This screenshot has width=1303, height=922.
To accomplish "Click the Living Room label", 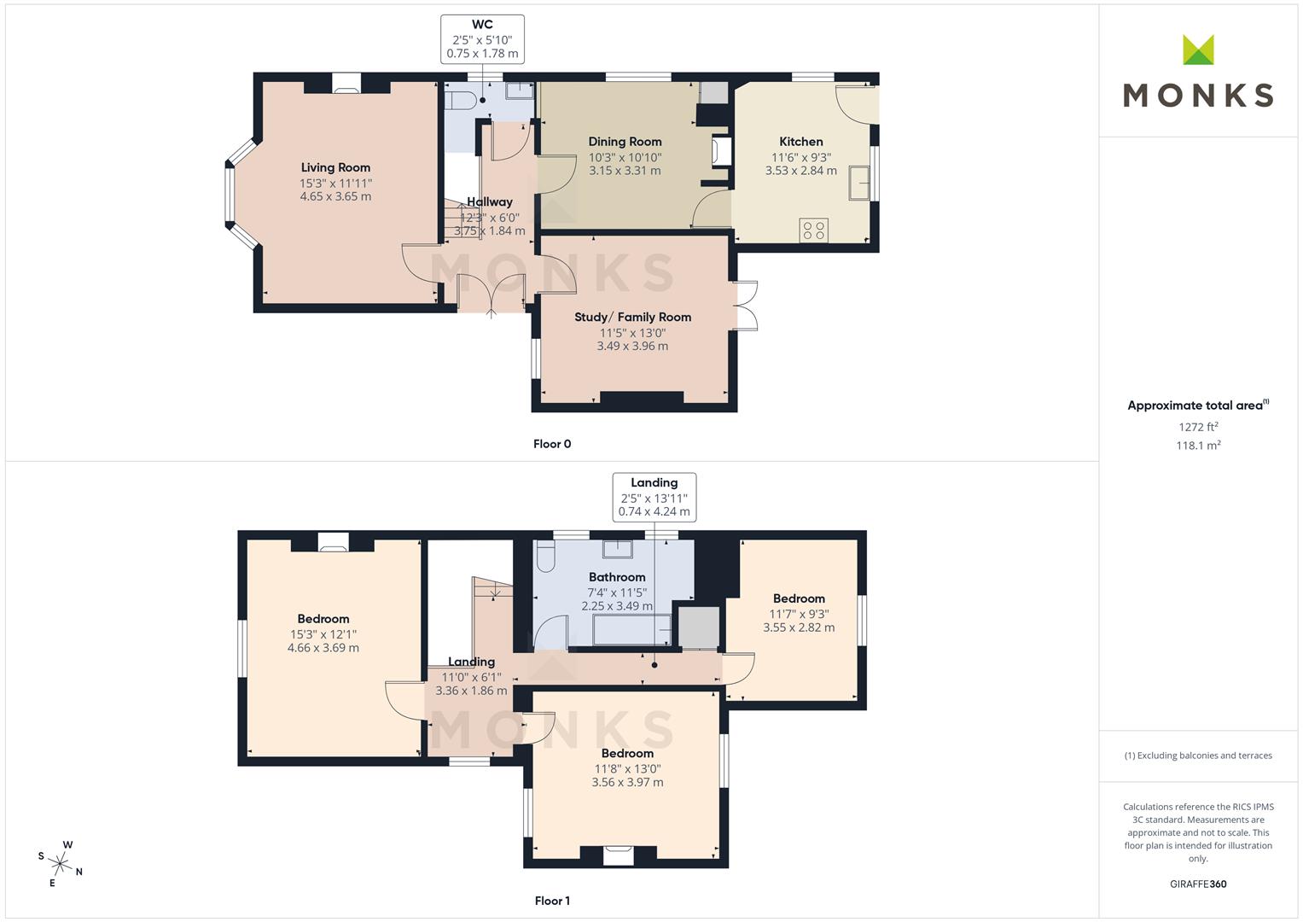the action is point(335,167).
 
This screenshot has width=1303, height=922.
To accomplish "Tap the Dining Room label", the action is point(625,142).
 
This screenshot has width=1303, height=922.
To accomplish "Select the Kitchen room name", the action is point(801,142).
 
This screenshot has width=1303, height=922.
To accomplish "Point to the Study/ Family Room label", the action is point(633,318).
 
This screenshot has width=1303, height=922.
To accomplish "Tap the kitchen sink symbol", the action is point(859,183).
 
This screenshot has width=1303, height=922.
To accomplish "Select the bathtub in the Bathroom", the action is point(631,630).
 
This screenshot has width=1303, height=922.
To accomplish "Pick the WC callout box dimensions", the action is point(482,47).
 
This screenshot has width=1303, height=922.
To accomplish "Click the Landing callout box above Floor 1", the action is point(654,497).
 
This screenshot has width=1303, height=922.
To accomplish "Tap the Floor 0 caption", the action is point(552,444).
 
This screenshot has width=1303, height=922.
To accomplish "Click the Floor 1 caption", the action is point(552,901).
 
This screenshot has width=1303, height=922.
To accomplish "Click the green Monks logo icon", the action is point(1198,50).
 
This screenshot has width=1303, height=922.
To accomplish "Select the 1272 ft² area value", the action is point(1198,427).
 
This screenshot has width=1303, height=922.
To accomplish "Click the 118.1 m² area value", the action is point(1198,446).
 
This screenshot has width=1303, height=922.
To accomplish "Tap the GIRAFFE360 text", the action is point(1198,884).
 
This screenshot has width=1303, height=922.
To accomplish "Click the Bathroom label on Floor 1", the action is point(617,577).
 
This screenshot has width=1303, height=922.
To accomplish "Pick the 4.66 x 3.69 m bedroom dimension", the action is point(323,647).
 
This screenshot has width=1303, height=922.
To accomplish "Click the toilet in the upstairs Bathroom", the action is point(545,556).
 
